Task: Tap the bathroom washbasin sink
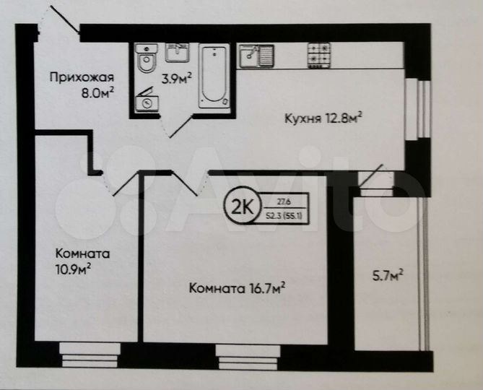178,52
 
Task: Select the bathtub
214,74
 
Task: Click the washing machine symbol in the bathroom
149,101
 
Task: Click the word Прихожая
82,77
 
